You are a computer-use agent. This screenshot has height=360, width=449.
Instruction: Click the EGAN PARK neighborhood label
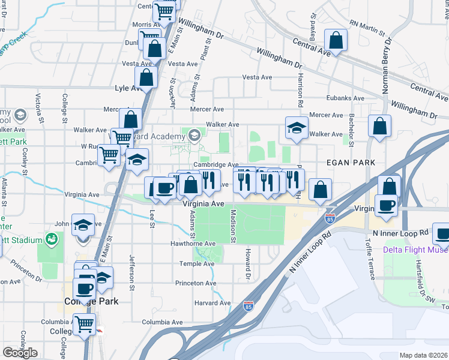pos(351,163)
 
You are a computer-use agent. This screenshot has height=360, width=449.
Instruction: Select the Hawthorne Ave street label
pos(192,244)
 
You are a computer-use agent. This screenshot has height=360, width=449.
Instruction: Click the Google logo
pos(20,353)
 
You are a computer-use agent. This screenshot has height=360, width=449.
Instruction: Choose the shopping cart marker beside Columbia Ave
pos(85,325)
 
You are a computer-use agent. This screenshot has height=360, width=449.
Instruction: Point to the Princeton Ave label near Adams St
pos(196,283)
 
